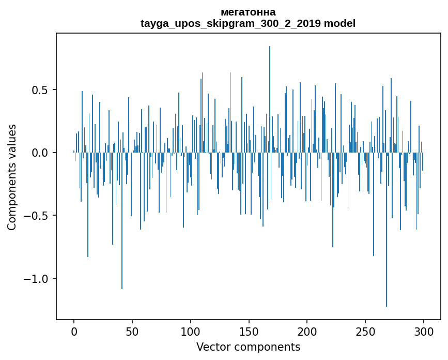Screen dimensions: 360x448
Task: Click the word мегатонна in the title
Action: tap(248, 12)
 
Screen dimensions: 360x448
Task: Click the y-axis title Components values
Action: tap(12, 177)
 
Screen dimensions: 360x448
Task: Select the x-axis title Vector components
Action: tap(248, 347)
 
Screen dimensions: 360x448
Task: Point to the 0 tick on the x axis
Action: tap(74, 331)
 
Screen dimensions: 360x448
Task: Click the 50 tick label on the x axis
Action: tap(132, 331)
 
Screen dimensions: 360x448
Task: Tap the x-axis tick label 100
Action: tap(191, 331)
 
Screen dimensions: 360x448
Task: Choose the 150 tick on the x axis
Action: tap(249, 331)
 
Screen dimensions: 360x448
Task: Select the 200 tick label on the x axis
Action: tap(307, 331)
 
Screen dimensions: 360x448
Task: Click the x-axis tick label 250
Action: tap(365, 331)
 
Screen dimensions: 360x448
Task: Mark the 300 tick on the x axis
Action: tap(424, 331)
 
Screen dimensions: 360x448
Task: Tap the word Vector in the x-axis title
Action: tap(212, 347)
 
